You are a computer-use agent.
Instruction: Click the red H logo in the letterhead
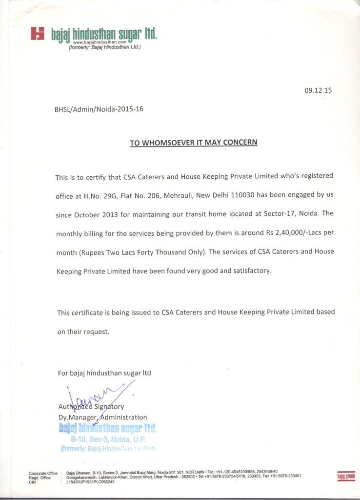38,33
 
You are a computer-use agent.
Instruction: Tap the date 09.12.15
318,90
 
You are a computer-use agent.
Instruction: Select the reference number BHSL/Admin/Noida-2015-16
99,109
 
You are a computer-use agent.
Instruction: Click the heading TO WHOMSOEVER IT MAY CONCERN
193,143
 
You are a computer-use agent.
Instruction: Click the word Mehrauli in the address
178,195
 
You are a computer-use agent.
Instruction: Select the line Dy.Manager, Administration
102,417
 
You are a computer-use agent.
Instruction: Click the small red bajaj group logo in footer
346,475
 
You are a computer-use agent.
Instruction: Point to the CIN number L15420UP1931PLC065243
90,482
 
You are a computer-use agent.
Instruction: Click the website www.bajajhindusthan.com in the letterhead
106,43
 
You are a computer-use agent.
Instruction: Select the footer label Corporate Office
43,473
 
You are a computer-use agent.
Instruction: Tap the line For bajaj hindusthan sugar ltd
104,373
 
